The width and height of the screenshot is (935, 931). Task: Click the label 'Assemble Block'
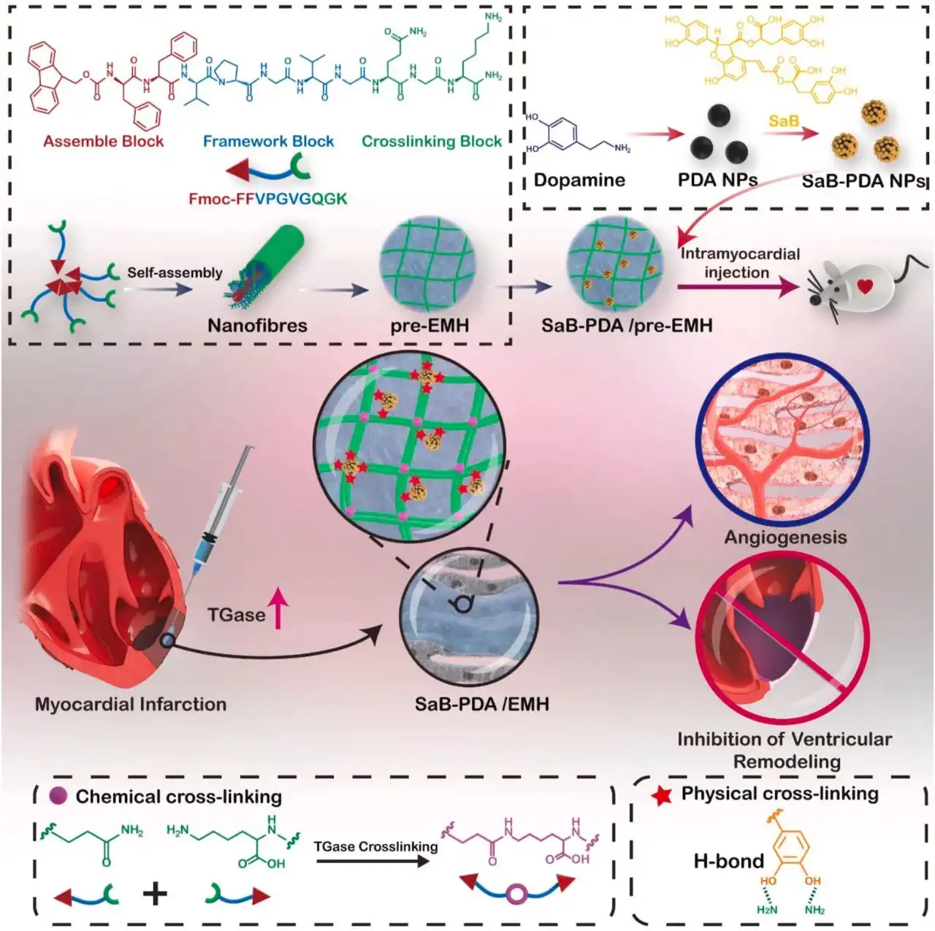pos(103,142)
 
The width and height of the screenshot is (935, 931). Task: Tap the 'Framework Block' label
pos(268,142)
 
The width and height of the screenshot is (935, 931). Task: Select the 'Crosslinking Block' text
pos(432,142)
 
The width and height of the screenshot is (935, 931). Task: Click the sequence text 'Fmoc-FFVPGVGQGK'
pos(268,199)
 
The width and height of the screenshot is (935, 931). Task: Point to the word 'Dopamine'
pos(579,180)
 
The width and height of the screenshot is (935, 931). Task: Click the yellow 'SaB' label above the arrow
pos(783,120)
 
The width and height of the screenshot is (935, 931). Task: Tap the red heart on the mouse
pos(865,286)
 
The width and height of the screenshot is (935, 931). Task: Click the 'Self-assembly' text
pos(175,273)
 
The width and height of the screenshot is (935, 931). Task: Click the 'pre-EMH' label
pos(430,326)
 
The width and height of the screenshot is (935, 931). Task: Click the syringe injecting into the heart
pos(219,511)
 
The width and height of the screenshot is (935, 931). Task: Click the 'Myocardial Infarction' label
pos(131,705)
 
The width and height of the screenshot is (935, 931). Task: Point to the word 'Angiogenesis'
pos(785,537)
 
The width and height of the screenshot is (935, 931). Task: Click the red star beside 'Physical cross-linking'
pos(662,796)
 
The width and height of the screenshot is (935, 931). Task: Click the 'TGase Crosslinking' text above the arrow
pos(375,847)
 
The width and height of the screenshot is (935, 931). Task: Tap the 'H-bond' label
pos(728,862)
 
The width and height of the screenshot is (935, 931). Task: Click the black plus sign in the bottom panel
pos(155,893)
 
